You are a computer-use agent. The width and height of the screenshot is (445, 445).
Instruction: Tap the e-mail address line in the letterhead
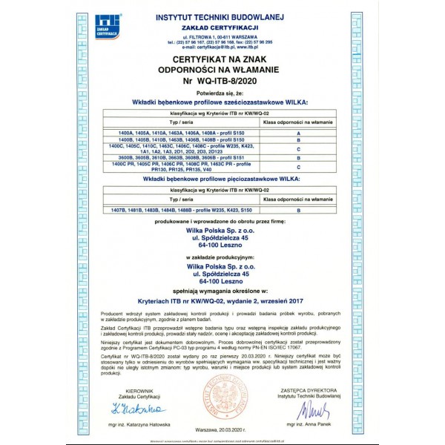point(222,47)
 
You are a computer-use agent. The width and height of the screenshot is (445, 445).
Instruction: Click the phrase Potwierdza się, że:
point(222,95)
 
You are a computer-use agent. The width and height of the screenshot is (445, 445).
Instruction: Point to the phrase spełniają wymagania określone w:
point(222,292)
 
